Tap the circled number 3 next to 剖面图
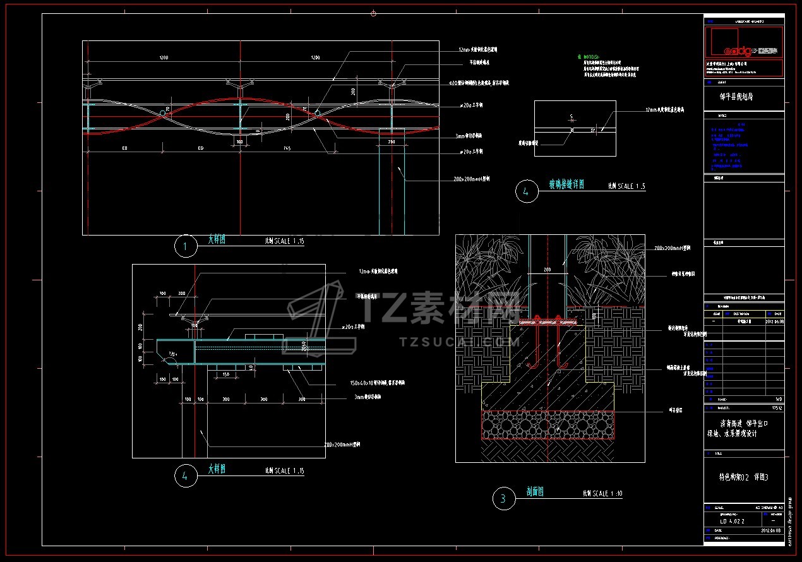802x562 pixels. click(x=503, y=499)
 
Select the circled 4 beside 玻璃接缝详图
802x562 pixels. click(x=525, y=191)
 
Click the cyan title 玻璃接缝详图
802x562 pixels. click(x=566, y=184)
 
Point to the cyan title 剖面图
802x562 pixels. click(x=535, y=491)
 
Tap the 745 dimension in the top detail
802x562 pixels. click(x=287, y=148)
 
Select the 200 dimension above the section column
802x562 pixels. click(x=547, y=270)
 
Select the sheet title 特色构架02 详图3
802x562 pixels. click(x=744, y=477)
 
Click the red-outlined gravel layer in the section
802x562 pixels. click(x=547, y=424)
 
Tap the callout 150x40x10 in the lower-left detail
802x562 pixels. click(x=376, y=383)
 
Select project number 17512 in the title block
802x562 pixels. click(x=776, y=408)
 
